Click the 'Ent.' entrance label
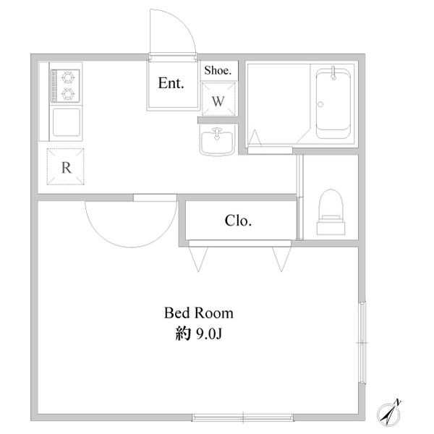(x=171, y=83)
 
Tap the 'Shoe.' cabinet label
(x=218, y=71)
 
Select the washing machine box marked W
(x=218, y=99)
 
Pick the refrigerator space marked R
(x=65, y=166)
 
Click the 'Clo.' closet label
(x=238, y=221)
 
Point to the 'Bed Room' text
(x=199, y=313)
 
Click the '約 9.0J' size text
(x=199, y=334)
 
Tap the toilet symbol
(x=331, y=212)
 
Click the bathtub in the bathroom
(x=333, y=103)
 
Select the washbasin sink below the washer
(x=217, y=141)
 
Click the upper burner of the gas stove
(x=67, y=77)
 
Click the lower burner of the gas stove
(x=67, y=94)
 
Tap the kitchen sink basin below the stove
(x=66, y=122)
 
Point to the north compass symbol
(x=389, y=413)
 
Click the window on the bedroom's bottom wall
(x=243, y=417)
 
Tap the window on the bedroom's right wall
(x=362, y=343)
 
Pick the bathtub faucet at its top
(x=333, y=72)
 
